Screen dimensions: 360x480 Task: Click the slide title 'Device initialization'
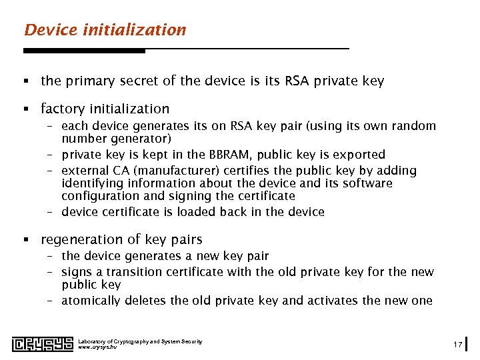[x=105, y=30]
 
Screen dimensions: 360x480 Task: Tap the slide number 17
[x=457, y=344]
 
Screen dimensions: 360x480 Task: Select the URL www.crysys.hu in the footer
[x=97, y=347]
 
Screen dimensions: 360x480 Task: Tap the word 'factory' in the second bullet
[x=62, y=109]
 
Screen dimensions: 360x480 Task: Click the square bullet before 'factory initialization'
[x=26, y=109]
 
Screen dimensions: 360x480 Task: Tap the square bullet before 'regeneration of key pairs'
[x=26, y=240]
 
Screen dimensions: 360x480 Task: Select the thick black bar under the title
[x=84, y=51]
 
